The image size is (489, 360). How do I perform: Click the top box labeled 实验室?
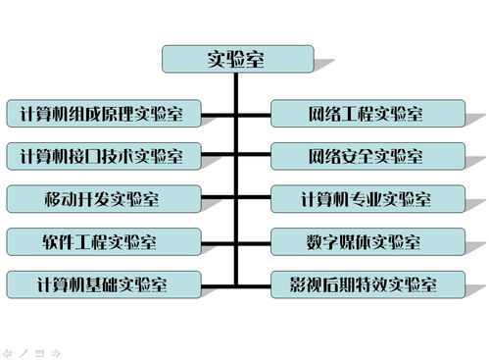(237, 59)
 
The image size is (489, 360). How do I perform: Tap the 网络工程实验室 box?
(366, 113)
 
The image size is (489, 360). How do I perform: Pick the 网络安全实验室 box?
(366, 155)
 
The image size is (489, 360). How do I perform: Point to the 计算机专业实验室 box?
(366, 198)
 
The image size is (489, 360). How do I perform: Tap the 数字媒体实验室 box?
(366, 240)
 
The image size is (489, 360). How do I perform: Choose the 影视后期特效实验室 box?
(366, 284)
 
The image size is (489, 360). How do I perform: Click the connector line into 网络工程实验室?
(254, 113)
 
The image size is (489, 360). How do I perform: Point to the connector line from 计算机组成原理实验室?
(220, 113)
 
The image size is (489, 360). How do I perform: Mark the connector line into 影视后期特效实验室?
(254, 284)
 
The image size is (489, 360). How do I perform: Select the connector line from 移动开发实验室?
(220, 198)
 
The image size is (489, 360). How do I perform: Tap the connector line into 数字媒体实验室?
(254, 240)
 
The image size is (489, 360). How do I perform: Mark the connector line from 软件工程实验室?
(220, 240)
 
